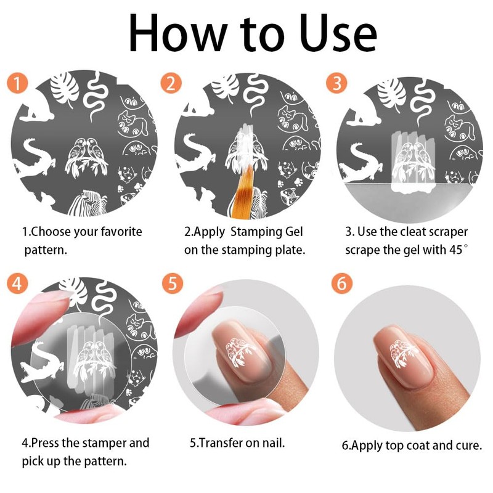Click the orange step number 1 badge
[17, 83]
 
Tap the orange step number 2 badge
[171, 83]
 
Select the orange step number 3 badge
[336, 83]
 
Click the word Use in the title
[338, 34]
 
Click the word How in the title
[177, 34]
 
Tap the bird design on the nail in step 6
[402, 352]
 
